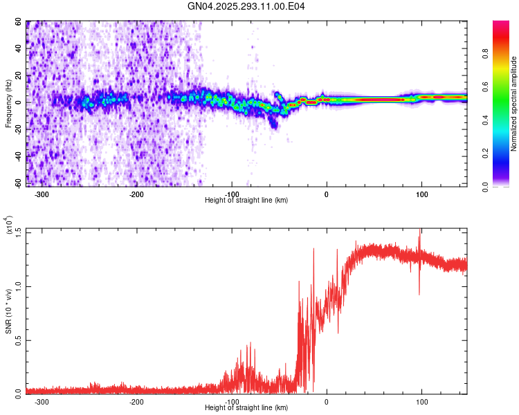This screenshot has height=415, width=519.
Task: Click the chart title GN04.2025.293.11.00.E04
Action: [x=247, y=6]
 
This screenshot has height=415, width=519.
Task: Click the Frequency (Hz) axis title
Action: [x=8, y=104]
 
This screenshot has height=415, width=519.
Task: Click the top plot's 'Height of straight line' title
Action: [x=246, y=201]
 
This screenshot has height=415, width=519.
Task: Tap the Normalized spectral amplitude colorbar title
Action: [x=514, y=104]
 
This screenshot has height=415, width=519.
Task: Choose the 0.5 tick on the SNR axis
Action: [x=17, y=340]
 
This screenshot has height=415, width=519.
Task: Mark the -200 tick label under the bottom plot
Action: [x=136, y=400]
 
